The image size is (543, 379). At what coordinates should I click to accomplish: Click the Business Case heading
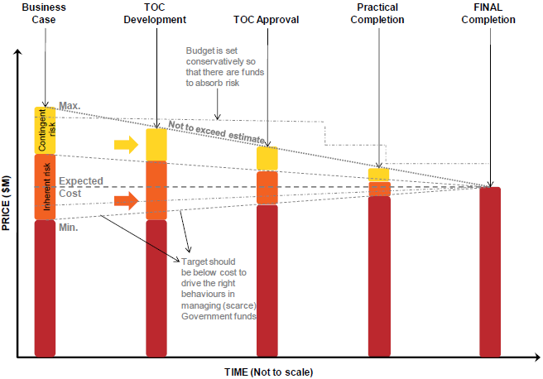(x=43, y=13)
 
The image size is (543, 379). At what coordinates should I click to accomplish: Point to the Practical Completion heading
(x=377, y=13)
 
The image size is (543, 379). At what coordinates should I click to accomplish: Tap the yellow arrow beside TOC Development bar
(x=127, y=144)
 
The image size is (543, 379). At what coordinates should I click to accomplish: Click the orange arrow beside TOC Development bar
(x=127, y=199)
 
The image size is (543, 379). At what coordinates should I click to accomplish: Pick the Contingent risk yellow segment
(x=45, y=130)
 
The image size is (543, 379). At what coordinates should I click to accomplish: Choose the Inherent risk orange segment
(x=45, y=187)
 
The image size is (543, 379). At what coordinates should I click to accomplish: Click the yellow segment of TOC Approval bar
(x=267, y=159)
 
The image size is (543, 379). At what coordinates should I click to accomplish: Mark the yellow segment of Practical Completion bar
(x=378, y=175)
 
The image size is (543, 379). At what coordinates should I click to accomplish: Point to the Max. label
(x=69, y=106)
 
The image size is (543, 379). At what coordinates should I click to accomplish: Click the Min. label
(x=68, y=226)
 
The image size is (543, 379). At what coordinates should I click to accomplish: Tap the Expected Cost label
(x=80, y=186)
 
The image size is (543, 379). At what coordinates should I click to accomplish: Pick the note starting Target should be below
(x=219, y=288)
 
